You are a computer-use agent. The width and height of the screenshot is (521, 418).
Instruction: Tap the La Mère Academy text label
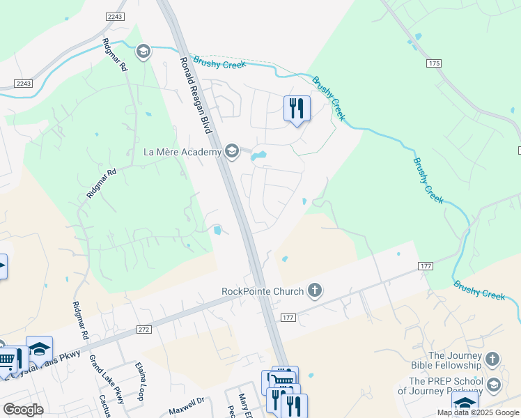(x=182, y=151)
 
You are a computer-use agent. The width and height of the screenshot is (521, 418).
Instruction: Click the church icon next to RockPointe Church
(x=315, y=291)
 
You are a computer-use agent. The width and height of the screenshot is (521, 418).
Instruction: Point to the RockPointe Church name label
(x=263, y=291)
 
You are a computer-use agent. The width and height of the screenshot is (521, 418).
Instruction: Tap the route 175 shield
(x=435, y=63)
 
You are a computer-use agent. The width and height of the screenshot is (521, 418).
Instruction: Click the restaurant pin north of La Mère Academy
(x=297, y=109)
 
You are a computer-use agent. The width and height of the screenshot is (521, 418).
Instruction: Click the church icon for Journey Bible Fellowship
(x=492, y=359)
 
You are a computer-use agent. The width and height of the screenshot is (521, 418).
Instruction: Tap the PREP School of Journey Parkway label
(x=446, y=386)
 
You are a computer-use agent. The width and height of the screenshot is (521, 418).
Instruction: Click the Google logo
(x=23, y=410)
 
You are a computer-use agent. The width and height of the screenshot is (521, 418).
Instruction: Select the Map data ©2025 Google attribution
(x=477, y=412)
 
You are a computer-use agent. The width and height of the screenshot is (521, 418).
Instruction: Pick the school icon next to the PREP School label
(x=494, y=385)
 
